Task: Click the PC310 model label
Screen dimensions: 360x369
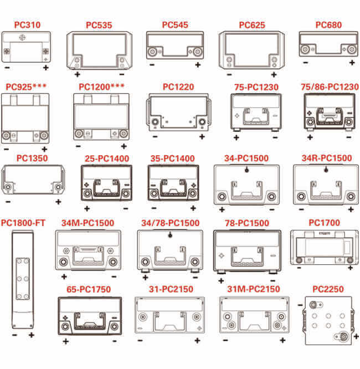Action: point(27,25)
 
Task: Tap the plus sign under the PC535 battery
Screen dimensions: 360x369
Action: point(78,75)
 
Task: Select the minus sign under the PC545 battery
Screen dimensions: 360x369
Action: point(152,64)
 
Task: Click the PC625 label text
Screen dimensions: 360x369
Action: point(252,25)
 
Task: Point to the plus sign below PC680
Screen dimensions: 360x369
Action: point(352,63)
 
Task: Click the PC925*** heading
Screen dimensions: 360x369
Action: point(26,87)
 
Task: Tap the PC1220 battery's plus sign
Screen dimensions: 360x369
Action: point(202,137)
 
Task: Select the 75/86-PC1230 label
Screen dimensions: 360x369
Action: point(330,87)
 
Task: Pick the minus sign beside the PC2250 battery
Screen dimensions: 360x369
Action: point(300,305)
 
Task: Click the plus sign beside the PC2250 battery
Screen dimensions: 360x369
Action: point(357,337)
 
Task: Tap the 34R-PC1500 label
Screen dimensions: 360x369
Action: point(327,158)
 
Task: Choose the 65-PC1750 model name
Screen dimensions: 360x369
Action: point(89,289)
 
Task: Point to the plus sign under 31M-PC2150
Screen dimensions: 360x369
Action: point(283,340)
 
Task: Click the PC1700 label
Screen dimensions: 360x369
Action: point(324,223)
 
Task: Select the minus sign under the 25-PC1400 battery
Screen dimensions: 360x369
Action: point(126,208)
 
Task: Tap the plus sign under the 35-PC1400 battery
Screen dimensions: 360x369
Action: point(193,208)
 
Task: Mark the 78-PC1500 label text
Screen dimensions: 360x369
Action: point(247,223)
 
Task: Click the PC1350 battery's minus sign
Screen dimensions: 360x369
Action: point(8,202)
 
